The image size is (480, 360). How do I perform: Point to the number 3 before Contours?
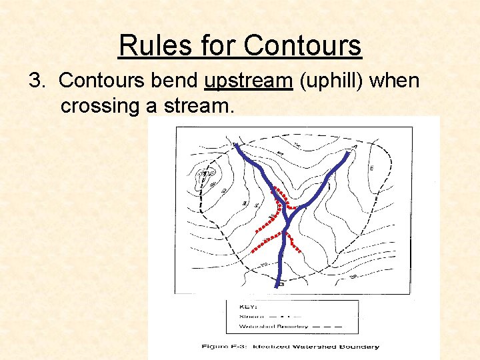(35, 81)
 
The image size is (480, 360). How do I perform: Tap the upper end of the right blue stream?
(348, 153)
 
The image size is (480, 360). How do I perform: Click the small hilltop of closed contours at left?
(202, 177)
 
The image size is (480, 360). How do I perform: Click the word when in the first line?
(395, 81)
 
